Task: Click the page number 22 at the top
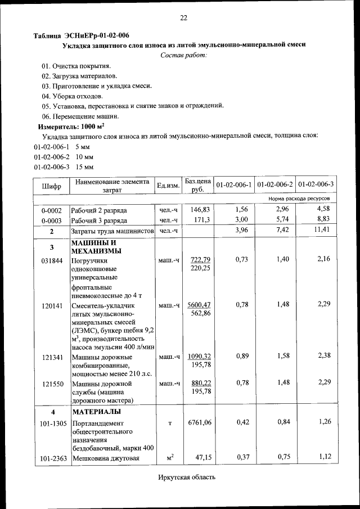(x=183, y=19)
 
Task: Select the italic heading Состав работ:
(x=184, y=55)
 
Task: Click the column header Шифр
(x=51, y=185)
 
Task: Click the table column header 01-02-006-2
(x=277, y=184)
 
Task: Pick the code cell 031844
(x=51, y=260)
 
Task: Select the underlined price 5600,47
(x=199, y=304)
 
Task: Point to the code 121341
(x=51, y=357)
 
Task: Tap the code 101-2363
(x=51, y=459)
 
